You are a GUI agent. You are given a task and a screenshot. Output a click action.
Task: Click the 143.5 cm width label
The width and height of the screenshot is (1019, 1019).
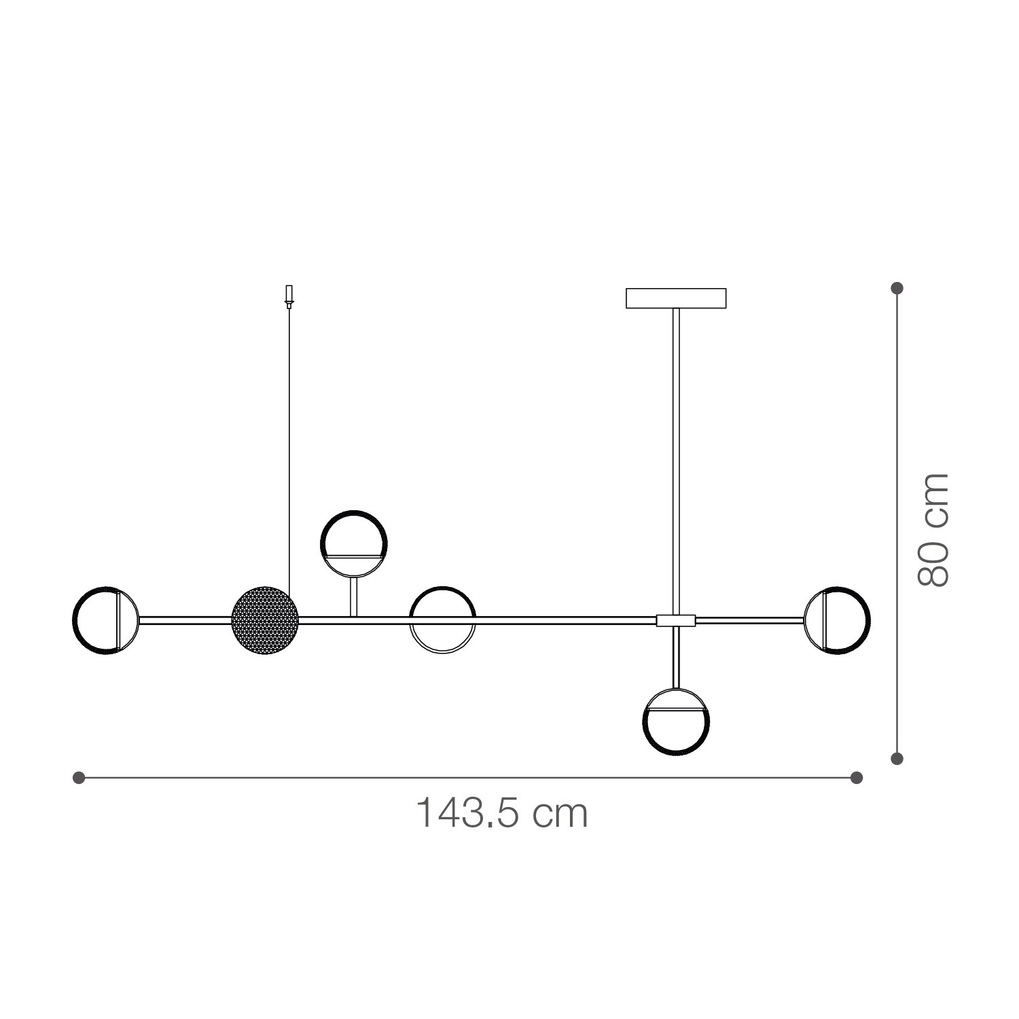point(501,812)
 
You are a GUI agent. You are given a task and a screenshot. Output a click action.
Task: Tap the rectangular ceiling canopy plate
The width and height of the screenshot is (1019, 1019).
point(676,298)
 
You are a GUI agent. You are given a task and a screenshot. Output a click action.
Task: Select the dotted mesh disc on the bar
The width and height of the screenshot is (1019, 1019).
point(265,620)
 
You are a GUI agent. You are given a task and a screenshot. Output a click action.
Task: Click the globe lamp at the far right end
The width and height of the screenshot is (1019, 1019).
point(868,620)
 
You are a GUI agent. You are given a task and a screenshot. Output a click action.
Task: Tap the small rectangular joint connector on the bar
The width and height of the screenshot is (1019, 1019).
point(676,620)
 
